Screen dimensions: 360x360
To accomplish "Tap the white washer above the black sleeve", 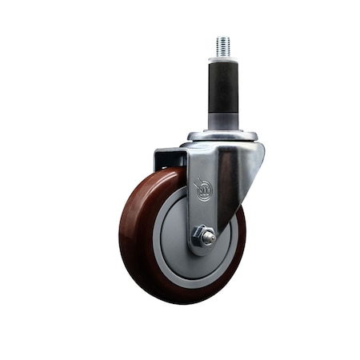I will point(222,58).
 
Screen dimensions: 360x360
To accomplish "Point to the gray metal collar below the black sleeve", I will point(222,121).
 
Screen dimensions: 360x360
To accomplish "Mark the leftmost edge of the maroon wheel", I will point(121,232).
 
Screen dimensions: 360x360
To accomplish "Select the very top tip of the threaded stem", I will point(222,37).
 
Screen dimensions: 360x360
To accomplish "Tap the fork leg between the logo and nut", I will point(202,214).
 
